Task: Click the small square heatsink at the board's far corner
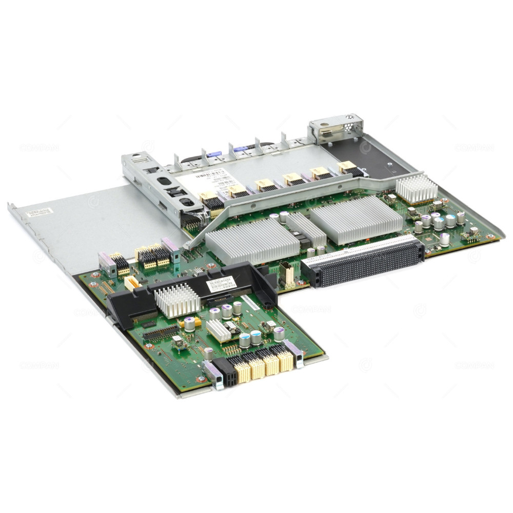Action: coord(417,188)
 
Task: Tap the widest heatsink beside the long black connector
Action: coord(356,219)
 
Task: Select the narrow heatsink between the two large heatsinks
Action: coord(306,230)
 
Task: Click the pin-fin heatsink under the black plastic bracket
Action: coord(176,301)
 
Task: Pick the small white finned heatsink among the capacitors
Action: coord(219,331)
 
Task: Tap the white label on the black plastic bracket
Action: coord(221,284)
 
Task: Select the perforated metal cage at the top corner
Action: coord(336,129)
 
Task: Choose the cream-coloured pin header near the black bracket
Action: coord(131,283)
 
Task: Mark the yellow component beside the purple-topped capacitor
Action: coord(197,322)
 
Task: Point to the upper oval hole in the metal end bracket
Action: coord(164,181)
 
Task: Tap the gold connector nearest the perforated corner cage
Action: coord(347,167)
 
